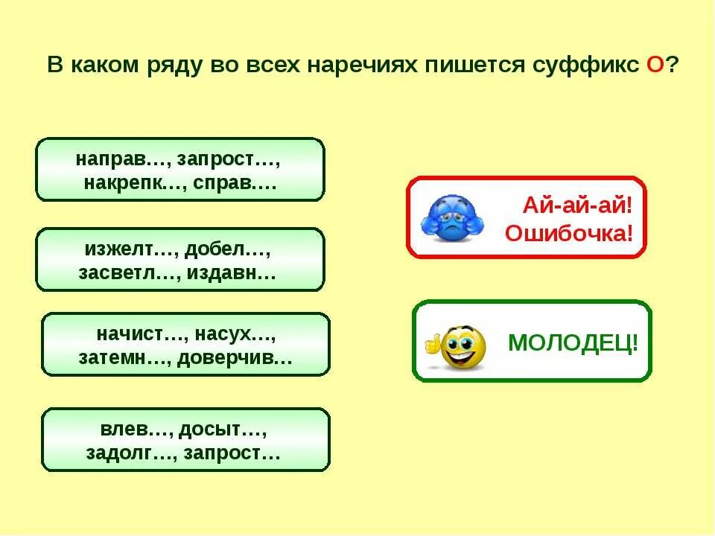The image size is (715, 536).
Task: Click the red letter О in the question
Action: [655, 65]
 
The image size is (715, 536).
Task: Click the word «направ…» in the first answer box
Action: [111, 159]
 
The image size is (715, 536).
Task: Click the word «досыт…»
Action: [227, 430]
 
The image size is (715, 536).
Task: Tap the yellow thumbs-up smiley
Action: [457, 346]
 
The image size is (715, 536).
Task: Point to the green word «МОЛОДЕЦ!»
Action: [573, 343]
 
